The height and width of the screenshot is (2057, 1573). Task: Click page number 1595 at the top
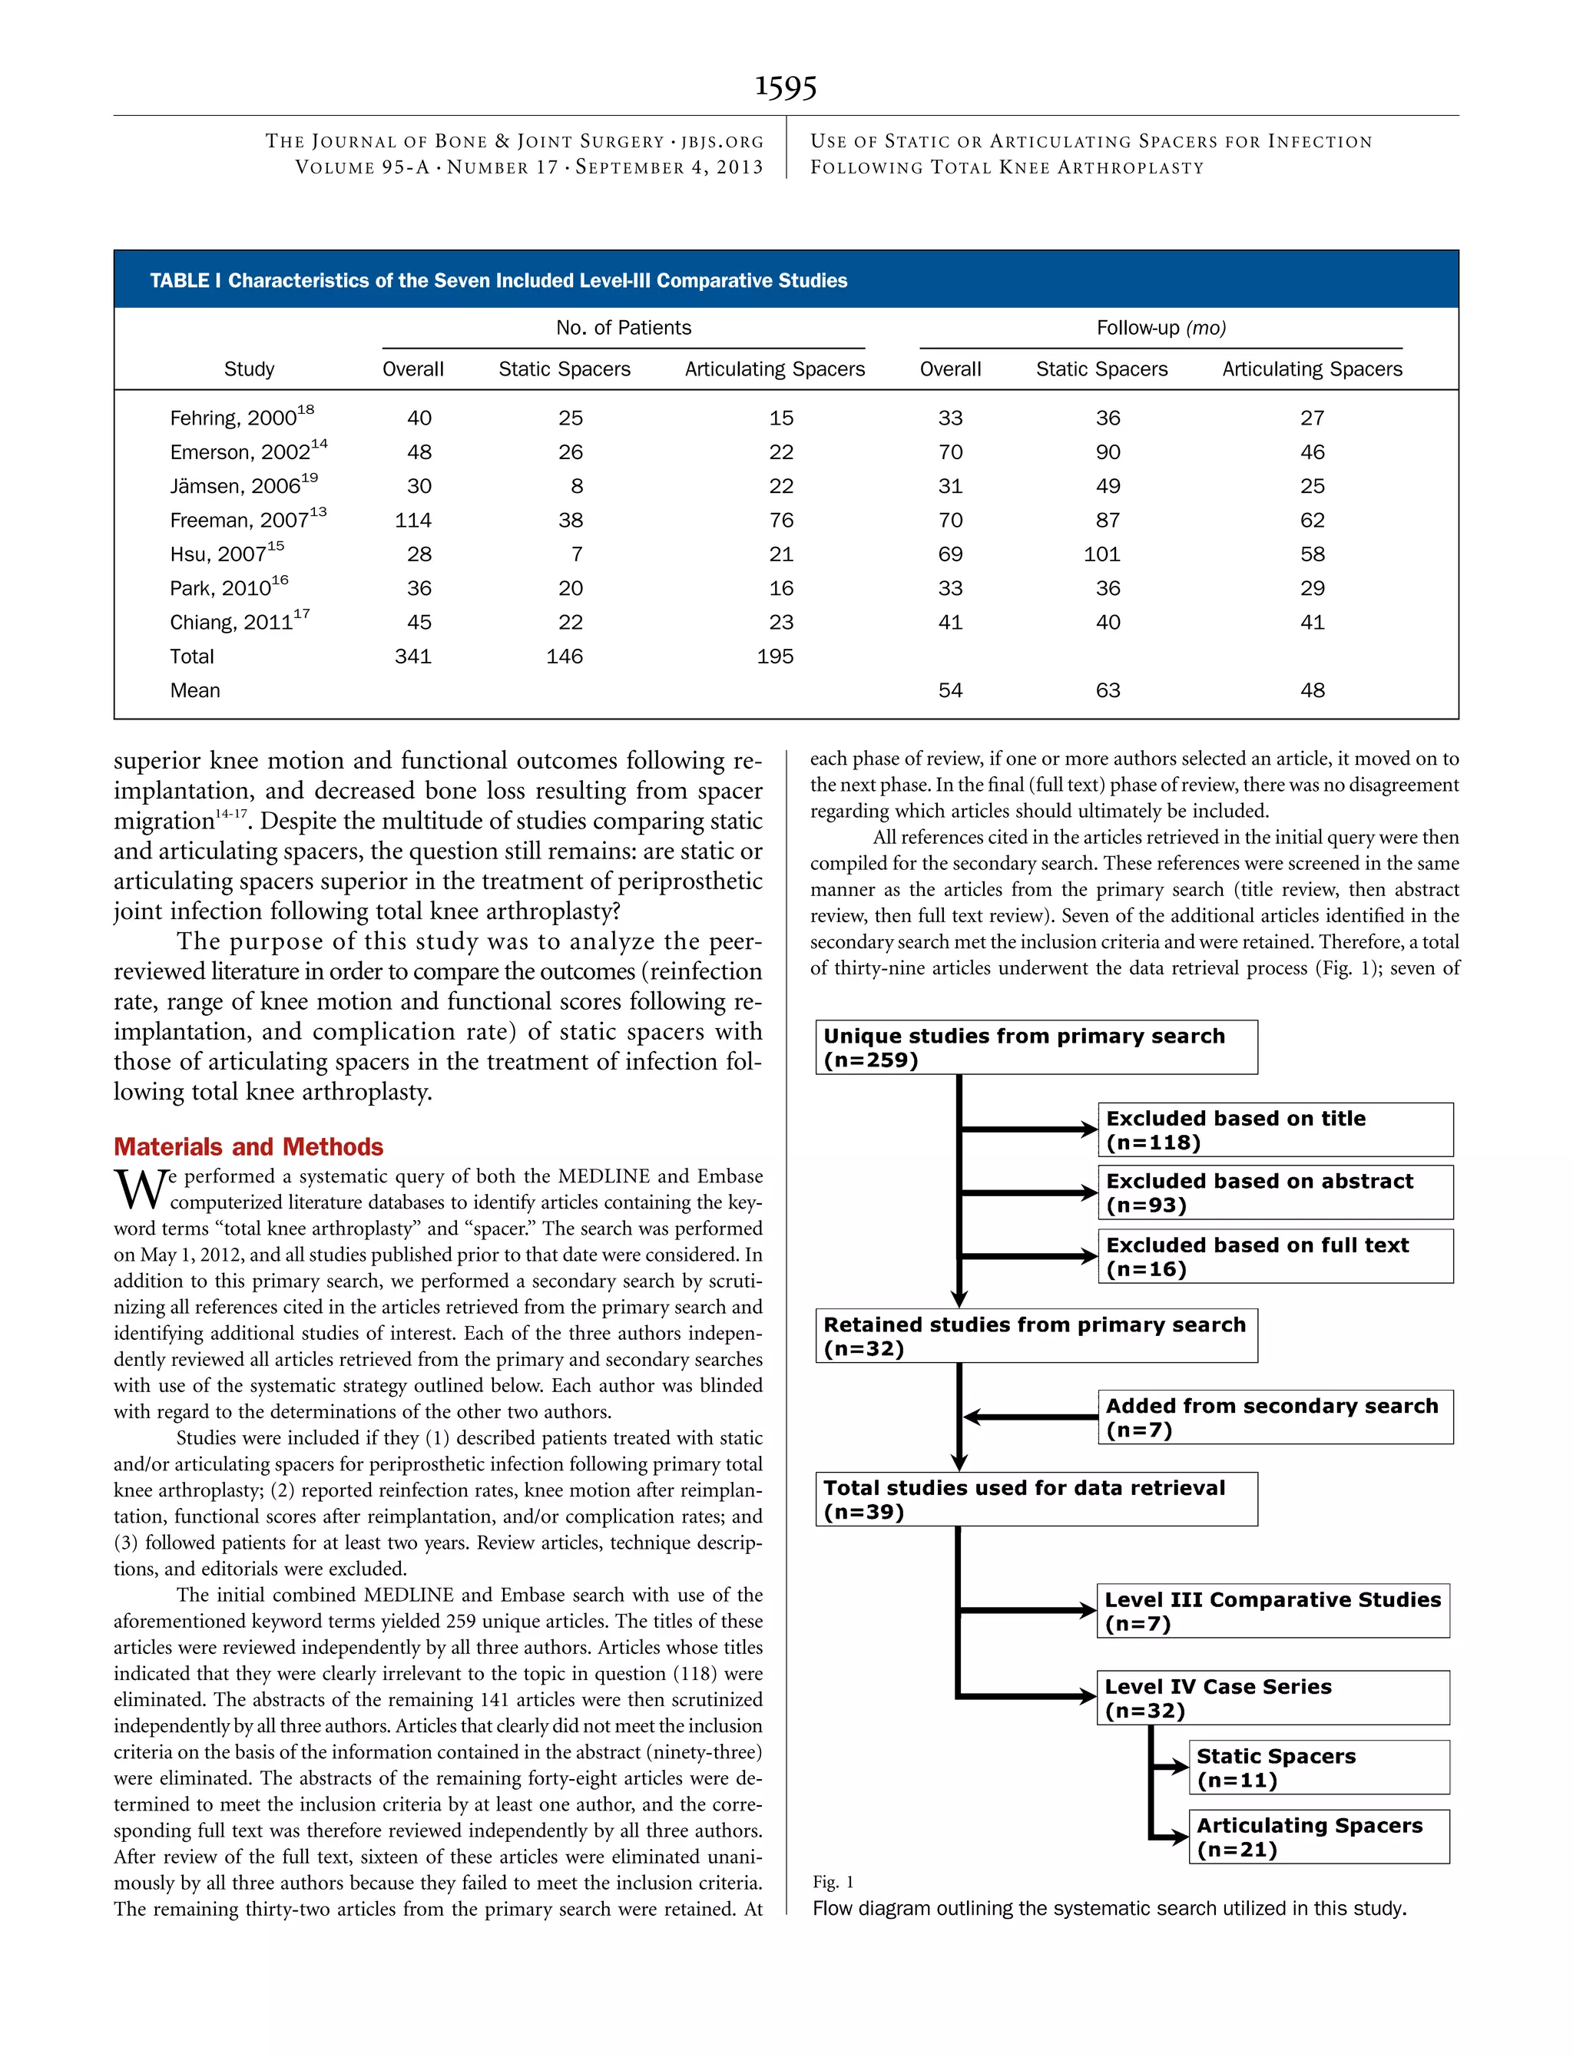click(x=786, y=87)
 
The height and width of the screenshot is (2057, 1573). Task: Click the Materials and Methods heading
click(x=248, y=1146)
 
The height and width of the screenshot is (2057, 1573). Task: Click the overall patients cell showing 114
click(x=413, y=521)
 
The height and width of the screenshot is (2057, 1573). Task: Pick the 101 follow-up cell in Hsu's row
click(x=1102, y=554)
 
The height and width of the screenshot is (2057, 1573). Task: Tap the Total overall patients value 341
click(x=413, y=656)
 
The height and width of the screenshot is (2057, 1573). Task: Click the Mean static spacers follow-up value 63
click(x=1108, y=691)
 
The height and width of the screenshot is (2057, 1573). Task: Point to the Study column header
click(x=249, y=369)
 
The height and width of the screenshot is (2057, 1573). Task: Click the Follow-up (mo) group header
click(x=1161, y=328)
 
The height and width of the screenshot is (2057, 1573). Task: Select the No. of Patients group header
click(x=624, y=328)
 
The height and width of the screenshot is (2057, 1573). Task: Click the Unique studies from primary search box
click(x=1035, y=1047)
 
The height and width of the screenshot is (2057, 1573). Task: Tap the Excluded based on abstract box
click(x=1274, y=1192)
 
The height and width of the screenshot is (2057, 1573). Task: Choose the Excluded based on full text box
click(x=1274, y=1256)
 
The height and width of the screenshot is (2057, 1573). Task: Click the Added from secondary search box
click(x=1274, y=1417)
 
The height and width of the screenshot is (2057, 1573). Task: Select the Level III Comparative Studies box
click(x=1273, y=1611)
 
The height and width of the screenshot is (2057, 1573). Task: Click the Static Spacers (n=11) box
click(x=1318, y=1767)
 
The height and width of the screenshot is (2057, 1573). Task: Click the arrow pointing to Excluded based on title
click(x=1030, y=1129)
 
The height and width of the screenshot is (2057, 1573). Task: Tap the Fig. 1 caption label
click(x=833, y=1881)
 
